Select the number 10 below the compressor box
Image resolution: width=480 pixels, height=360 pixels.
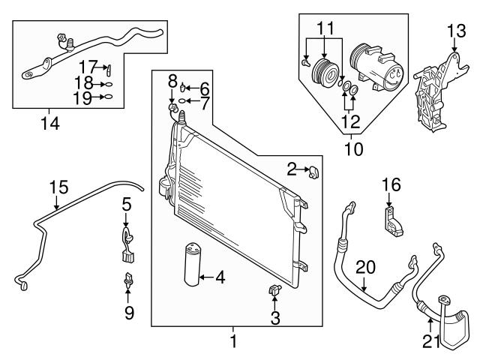pyautogui.click(x=352, y=149)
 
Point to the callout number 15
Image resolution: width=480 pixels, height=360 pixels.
pyautogui.click(x=127, y=203)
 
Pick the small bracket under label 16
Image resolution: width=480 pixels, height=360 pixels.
pyautogui.click(x=392, y=222)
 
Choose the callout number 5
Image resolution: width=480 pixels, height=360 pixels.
pyautogui.click(x=127, y=203)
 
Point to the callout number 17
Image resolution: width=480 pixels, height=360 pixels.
pyautogui.click(x=87, y=67)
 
